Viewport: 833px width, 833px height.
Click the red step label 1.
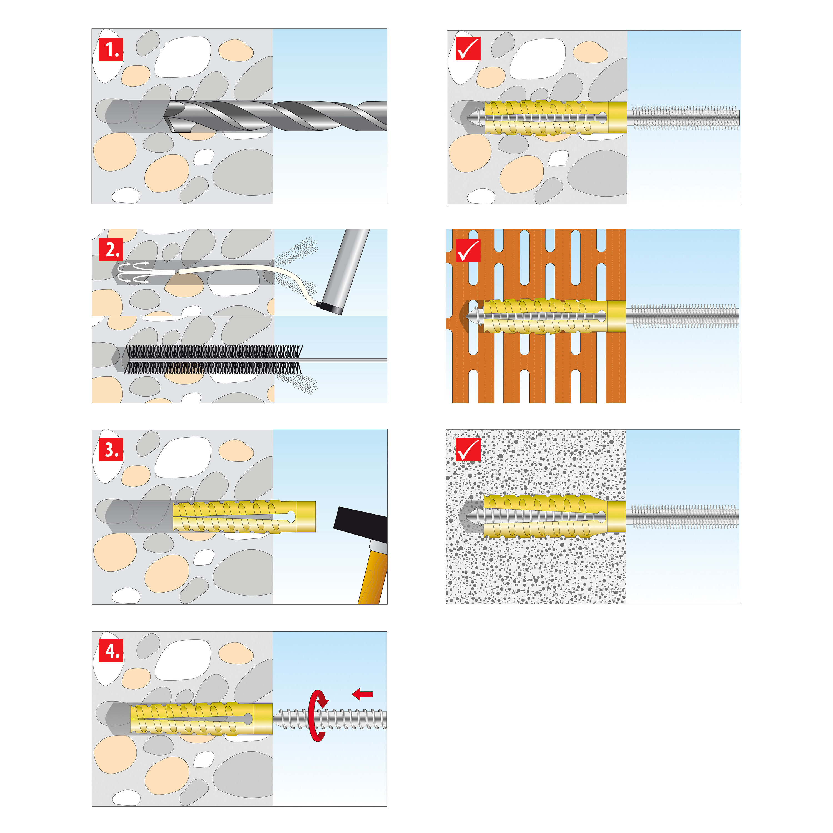tap(111, 50)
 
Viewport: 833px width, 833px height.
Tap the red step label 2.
tap(111, 250)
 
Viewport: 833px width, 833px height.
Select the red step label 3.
tap(111, 450)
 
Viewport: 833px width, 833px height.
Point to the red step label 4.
tap(111, 651)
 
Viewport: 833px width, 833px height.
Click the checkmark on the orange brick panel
tap(468, 250)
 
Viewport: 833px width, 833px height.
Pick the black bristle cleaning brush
tap(214, 359)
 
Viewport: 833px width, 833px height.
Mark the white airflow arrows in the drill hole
tap(134, 272)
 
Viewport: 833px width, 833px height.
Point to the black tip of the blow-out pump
tap(330, 307)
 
